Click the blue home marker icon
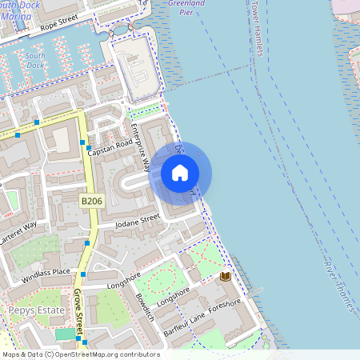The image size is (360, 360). click(x=180, y=172)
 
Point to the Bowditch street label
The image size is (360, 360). click(x=144, y=308)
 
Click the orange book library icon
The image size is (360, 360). click(x=226, y=276)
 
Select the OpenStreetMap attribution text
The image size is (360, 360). click(x=80, y=354)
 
